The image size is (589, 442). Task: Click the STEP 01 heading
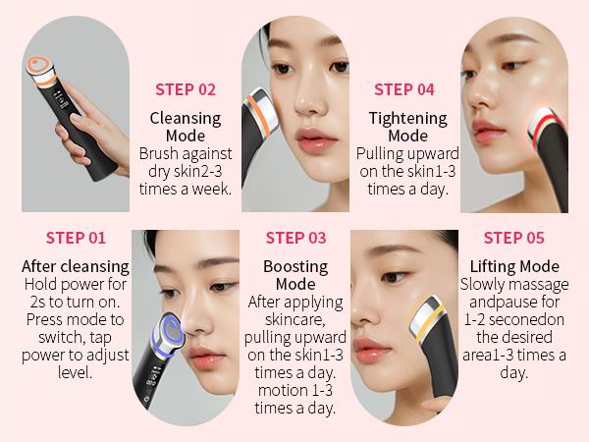(76, 238)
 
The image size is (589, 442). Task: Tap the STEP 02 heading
(186, 89)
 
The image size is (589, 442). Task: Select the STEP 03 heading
(295, 238)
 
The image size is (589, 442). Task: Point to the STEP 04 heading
(404, 89)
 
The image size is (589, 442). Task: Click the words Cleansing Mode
(186, 127)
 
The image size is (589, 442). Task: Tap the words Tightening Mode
(406, 127)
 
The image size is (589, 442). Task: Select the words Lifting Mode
(514, 266)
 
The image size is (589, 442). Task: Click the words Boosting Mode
(295, 275)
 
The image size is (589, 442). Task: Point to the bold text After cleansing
(76, 266)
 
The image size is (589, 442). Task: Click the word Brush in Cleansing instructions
(158, 154)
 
